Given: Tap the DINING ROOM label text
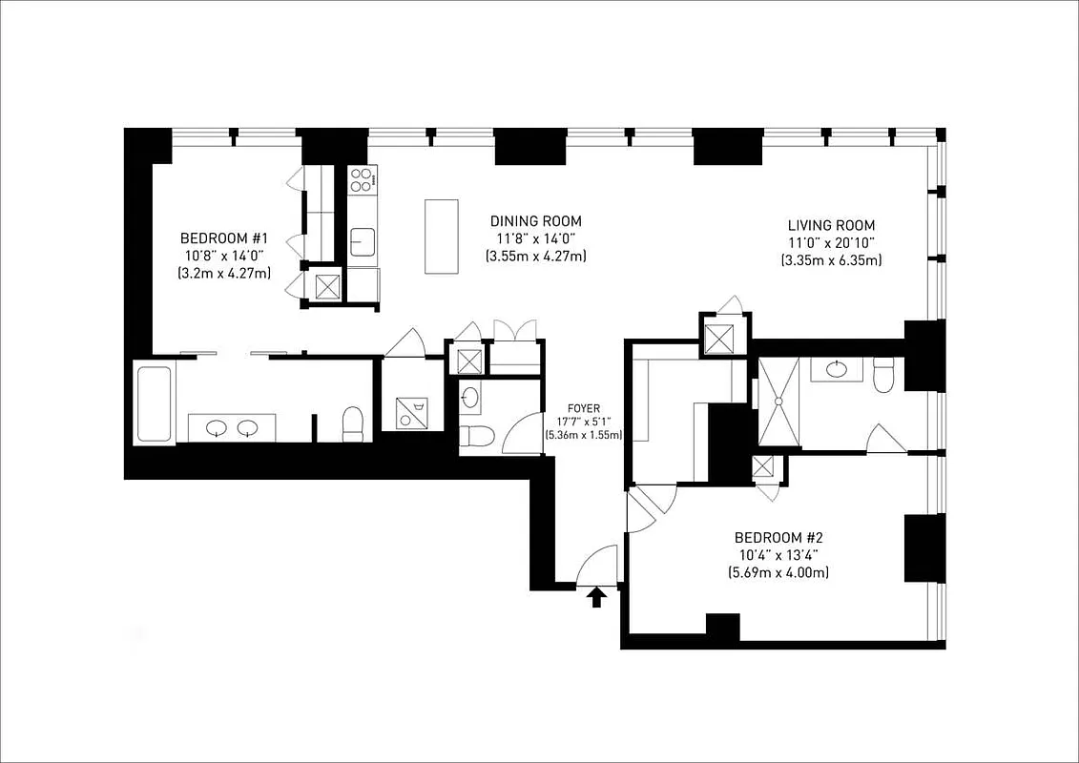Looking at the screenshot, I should [x=535, y=221].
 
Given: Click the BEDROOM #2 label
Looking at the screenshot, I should [x=778, y=537].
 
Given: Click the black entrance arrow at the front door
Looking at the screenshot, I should [x=597, y=597].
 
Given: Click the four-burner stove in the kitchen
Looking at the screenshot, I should [x=362, y=178].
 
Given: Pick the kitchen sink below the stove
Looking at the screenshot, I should [x=363, y=241].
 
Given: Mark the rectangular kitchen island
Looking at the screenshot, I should [x=441, y=236].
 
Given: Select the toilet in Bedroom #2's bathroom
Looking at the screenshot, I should [x=883, y=374].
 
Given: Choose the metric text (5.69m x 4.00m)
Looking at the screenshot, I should [x=778, y=572].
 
